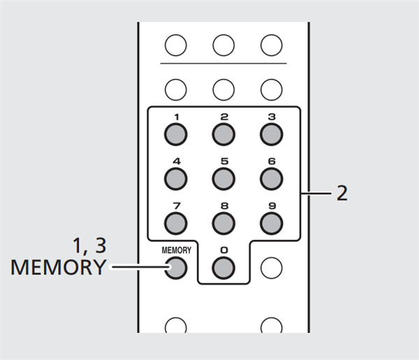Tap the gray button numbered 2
(223, 133)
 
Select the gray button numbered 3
(271, 133)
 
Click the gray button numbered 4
(176, 177)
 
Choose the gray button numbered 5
(223, 177)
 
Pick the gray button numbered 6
(271, 177)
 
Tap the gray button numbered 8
(223, 222)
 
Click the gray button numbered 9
(271, 222)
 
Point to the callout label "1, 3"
(90, 246)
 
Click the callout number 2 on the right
(341, 193)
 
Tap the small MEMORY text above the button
(176, 249)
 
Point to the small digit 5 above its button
(223, 161)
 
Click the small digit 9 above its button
(271, 206)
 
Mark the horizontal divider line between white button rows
(223, 64)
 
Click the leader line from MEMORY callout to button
(136, 266)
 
